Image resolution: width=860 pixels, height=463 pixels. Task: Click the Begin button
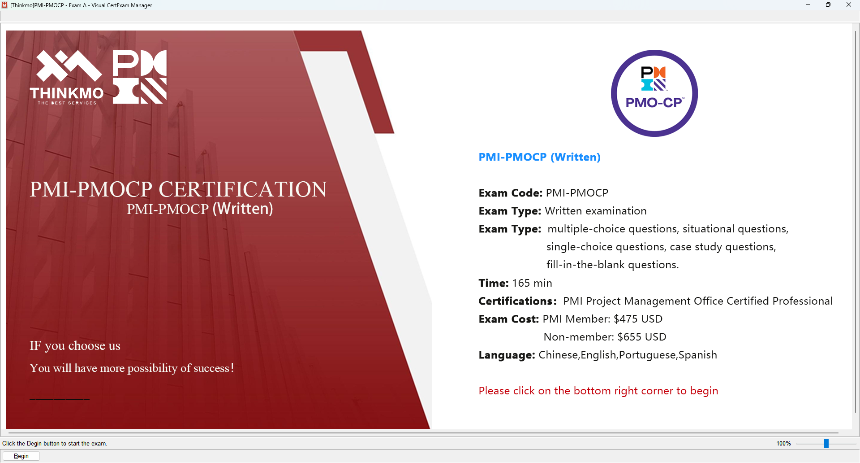21,456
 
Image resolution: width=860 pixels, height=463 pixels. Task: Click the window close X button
848,5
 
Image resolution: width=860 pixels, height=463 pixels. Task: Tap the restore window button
828,5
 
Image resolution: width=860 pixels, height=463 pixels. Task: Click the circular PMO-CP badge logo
654,93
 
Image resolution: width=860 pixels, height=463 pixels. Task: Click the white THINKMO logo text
67,93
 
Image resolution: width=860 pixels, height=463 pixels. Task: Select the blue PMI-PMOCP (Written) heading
539,157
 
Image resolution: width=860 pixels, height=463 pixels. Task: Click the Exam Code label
510,193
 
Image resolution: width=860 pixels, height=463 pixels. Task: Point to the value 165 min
532,283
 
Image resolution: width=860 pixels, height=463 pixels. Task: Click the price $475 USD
638,319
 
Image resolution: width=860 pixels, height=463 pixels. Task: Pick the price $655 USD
641,337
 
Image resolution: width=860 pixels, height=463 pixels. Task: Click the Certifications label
517,301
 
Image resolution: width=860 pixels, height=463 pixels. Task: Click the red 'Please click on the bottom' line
598,391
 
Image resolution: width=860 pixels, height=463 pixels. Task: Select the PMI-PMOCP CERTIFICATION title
178,189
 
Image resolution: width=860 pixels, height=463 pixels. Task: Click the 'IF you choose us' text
75,346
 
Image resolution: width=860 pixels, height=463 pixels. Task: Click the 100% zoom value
783,443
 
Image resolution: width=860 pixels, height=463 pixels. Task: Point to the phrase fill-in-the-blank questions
612,265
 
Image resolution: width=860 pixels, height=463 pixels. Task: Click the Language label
507,355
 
